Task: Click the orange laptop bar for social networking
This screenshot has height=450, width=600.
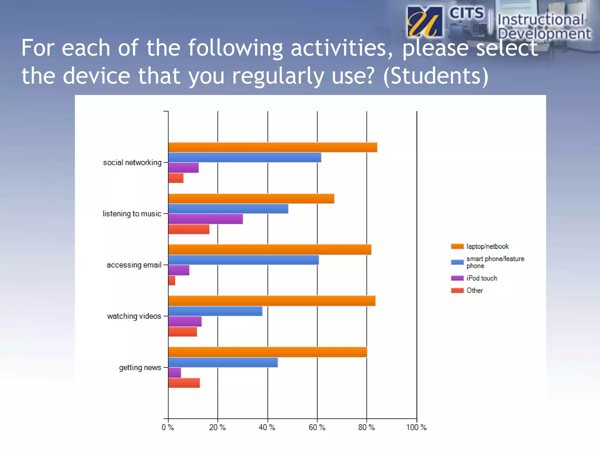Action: (272, 147)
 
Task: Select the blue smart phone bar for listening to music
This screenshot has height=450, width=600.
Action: (228, 209)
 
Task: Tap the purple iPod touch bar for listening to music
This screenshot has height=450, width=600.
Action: (205, 219)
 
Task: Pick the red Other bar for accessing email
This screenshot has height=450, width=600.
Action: (172, 280)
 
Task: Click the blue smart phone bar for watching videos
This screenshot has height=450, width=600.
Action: (215, 311)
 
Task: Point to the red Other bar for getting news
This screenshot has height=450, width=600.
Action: (184, 383)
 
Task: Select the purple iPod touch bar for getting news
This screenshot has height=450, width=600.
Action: (175, 373)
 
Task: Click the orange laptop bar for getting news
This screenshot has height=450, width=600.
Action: (267, 352)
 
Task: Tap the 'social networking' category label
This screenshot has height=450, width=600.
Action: (132, 162)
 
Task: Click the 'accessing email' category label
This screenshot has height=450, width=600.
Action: (134, 265)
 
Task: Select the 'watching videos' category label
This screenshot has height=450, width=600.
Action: (134, 316)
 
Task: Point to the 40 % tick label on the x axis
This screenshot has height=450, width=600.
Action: (267, 427)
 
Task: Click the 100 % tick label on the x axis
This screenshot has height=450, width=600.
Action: (416, 427)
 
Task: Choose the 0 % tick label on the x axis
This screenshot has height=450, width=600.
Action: (168, 427)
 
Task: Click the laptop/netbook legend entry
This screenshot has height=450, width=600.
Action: (487, 246)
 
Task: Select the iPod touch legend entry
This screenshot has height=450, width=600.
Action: (482, 278)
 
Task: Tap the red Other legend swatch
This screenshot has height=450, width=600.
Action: (457, 290)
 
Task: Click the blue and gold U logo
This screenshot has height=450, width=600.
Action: (425, 22)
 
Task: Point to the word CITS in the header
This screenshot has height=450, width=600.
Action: (466, 13)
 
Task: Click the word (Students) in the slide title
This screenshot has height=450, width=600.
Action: (436, 76)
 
